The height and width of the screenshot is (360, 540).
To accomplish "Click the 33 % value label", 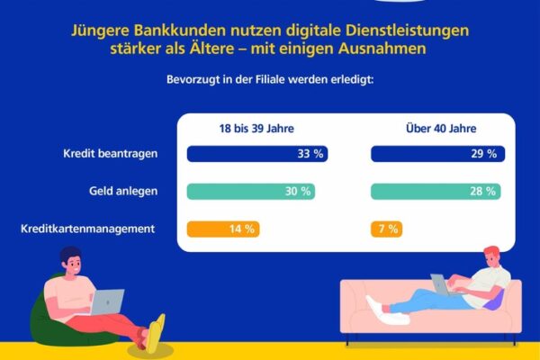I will [310, 154].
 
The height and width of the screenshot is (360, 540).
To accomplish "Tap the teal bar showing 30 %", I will [250, 192].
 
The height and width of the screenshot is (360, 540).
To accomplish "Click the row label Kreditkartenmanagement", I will [87, 229].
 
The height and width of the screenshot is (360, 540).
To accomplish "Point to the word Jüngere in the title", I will [101, 30].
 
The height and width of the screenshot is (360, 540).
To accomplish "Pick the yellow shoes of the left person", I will [156, 333].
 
